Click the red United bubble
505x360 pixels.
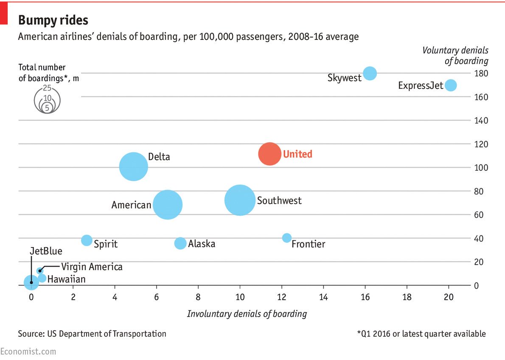[x=269, y=154]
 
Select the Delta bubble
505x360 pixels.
[x=134, y=166]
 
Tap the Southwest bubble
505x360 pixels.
[x=240, y=200]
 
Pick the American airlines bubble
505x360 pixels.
[x=168, y=205]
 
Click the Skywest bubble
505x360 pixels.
[x=370, y=73]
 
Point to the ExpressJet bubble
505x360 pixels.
[x=451, y=85]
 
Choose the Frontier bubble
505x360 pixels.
[x=287, y=238]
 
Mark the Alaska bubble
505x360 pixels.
[x=180, y=243]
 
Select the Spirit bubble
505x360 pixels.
[x=87, y=240]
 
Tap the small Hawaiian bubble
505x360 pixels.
[x=42, y=278]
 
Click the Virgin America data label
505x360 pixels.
[x=92, y=267]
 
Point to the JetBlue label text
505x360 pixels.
[x=46, y=251]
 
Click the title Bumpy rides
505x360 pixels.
[x=53, y=20]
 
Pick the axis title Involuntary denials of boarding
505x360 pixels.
[x=247, y=314]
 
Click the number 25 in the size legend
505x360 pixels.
[x=47, y=88]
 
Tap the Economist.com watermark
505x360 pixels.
[x=28, y=352]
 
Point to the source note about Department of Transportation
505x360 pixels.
[x=92, y=334]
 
